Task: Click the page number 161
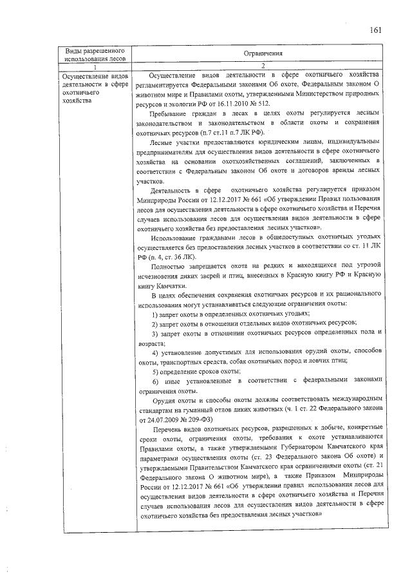pos(376,30)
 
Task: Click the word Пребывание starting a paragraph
pos(169,113)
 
